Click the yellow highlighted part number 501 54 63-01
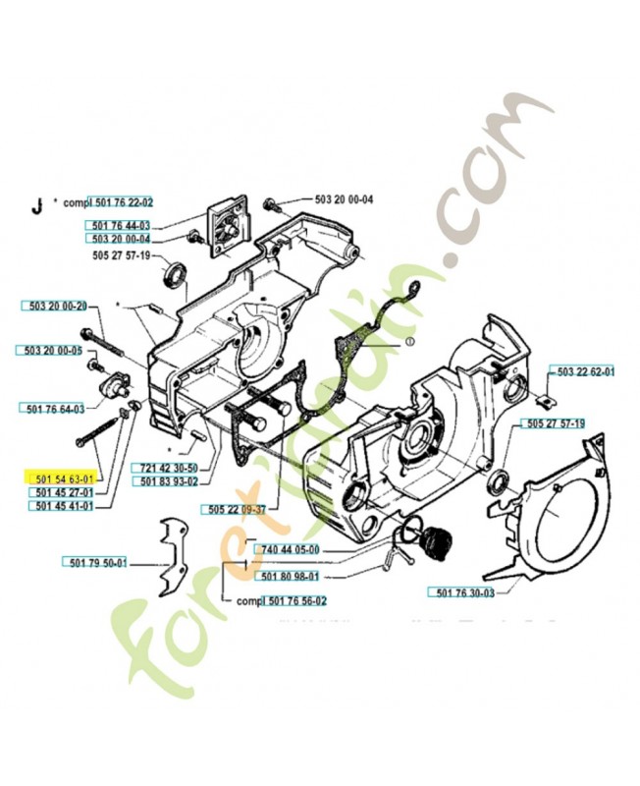[x=61, y=477]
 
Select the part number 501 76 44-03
[x=117, y=226]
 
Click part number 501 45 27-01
[x=61, y=491]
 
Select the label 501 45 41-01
[x=61, y=506]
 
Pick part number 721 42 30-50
[x=168, y=468]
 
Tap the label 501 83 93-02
[x=168, y=481]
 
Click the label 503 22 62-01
[x=585, y=372]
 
